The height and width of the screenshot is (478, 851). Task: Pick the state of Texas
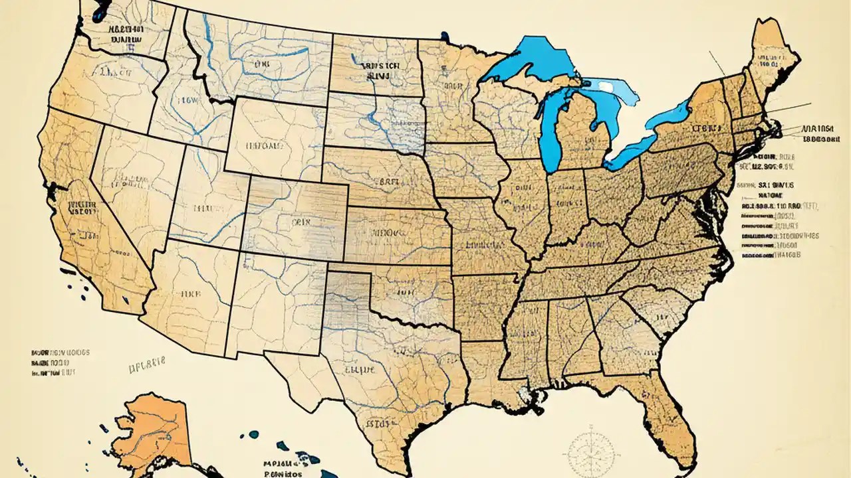coord(386,372)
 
